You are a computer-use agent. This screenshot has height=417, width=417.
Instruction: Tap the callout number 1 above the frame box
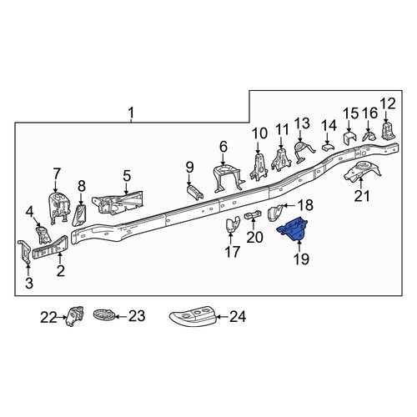point(131,113)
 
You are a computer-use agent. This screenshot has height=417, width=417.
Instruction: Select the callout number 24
point(238,317)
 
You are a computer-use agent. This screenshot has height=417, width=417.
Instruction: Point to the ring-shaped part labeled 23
point(103,316)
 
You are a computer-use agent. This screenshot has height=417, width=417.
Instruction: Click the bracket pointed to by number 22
point(74,316)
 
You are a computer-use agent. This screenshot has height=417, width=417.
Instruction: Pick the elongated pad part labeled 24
point(193,317)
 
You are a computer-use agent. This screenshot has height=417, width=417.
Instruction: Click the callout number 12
point(388,103)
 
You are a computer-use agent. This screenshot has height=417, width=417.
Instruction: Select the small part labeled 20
point(254,214)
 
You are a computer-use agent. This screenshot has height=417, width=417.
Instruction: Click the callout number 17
point(233,252)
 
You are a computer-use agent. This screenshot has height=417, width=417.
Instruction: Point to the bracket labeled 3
point(25,252)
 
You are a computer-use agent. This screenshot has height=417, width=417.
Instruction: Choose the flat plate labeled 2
point(50,248)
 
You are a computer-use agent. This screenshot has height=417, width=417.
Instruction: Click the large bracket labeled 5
point(118,203)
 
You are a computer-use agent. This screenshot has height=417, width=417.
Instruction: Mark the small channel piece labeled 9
point(195,193)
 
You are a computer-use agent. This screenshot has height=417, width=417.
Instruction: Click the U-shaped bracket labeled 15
point(349,138)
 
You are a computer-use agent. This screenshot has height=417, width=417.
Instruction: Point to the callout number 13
point(302,123)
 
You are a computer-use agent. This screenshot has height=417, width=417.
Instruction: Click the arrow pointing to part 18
point(289,206)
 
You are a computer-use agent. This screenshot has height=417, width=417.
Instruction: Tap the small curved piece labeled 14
point(328,148)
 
